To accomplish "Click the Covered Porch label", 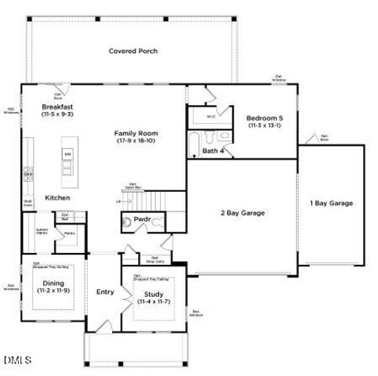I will (133, 52).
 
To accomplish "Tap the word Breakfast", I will (57, 106).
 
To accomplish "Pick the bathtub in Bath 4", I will (194, 145).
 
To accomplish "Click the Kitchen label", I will (57, 198).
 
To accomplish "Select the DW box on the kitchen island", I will (67, 154).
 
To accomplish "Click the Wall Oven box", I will (27, 202).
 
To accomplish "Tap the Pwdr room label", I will (142, 220).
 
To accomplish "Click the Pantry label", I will (69, 233).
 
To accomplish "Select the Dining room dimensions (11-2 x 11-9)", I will (53, 290).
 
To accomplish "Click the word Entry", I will (104, 292).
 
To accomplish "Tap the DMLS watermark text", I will (16, 360).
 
